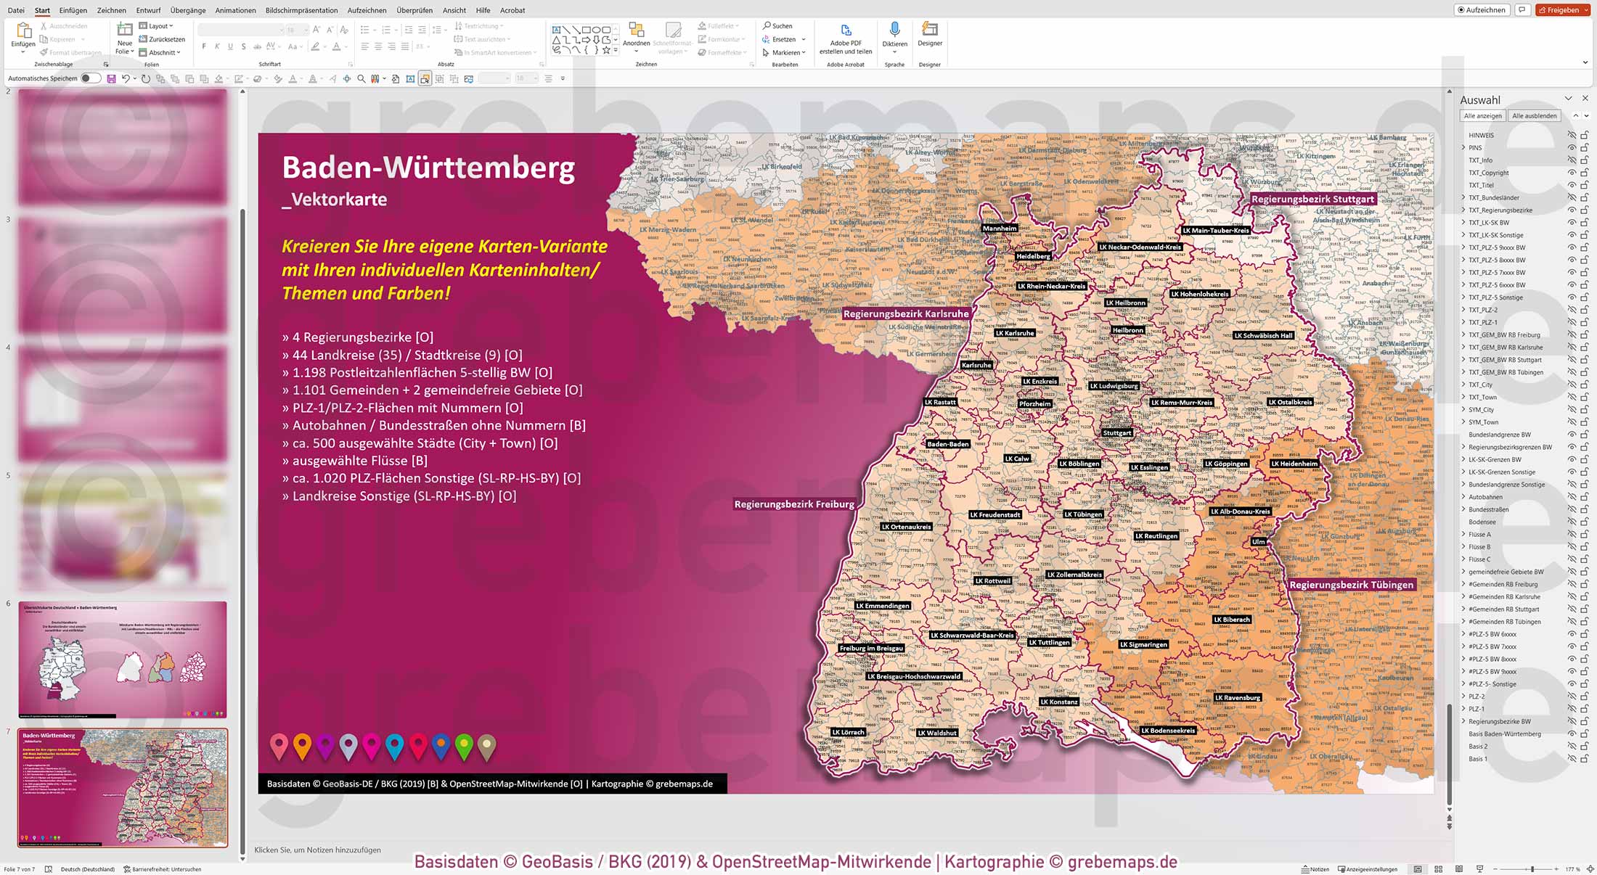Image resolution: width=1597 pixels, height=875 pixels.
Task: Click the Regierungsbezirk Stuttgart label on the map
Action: (1312, 199)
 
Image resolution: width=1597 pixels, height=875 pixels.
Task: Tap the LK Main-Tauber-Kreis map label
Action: (1216, 231)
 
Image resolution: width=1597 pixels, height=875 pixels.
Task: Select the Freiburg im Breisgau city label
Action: (871, 648)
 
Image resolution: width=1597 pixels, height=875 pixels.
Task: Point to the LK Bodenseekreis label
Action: (1168, 731)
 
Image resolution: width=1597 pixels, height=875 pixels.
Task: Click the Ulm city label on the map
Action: (1258, 542)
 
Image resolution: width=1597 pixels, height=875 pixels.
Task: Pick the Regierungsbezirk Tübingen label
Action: (1351, 585)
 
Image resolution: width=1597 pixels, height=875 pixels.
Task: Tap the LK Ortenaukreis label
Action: (906, 527)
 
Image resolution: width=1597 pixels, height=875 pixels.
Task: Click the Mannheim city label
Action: (1000, 229)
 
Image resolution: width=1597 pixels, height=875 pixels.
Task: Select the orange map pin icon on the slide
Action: (302, 744)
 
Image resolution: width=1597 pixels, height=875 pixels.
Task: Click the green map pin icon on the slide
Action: (464, 744)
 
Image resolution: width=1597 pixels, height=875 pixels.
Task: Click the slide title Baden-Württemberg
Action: (428, 168)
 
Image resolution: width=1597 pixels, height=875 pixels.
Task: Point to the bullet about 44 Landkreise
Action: (407, 355)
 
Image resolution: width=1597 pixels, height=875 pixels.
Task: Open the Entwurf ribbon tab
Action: (148, 10)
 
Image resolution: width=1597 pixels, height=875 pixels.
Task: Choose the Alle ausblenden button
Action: (1534, 116)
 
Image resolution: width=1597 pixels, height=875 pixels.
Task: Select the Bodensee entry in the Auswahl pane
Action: (1482, 522)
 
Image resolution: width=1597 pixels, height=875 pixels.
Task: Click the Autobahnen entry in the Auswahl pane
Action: (1485, 497)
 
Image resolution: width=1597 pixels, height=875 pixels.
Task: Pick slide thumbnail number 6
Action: (123, 659)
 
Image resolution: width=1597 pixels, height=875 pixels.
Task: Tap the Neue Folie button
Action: (125, 38)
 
